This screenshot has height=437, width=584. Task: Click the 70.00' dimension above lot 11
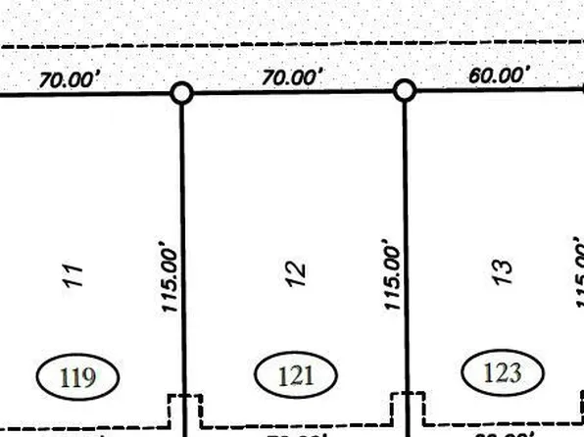(69, 80)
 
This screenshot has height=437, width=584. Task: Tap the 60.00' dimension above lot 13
(500, 74)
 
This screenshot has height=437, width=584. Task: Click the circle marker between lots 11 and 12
(181, 93)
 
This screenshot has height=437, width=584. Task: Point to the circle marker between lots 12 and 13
(405, 91)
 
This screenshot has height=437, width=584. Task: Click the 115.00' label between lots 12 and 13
(394, 277)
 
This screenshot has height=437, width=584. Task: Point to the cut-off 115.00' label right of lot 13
(576, 274)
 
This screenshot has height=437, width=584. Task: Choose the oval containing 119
(77, 376)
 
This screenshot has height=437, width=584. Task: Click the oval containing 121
(296, 374)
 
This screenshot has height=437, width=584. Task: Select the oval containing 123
(503, 372)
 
